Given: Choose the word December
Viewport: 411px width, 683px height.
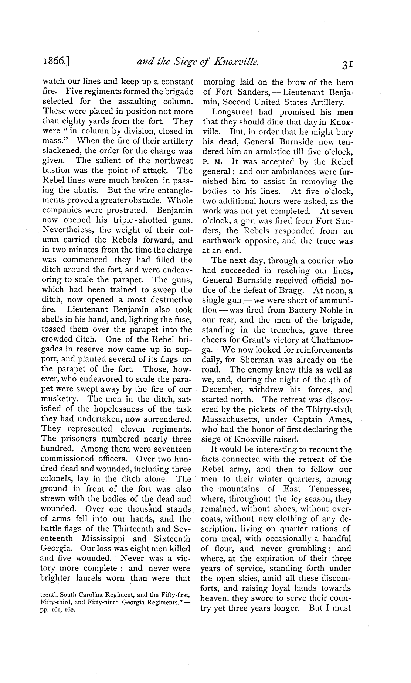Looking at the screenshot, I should click(221, 390).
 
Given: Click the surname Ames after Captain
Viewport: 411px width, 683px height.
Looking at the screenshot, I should click(339, 420).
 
